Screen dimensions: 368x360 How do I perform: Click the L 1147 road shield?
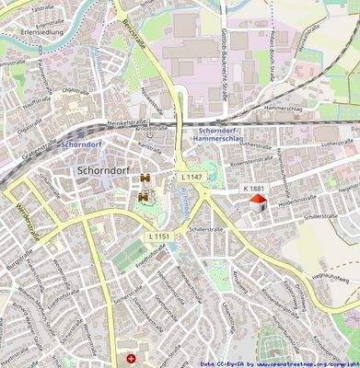click(x=191, y=176)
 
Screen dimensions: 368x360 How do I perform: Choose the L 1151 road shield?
click(x=157, y=237)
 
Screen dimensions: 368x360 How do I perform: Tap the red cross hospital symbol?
click(x=131, y=357)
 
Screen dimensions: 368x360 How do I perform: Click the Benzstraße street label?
click(x=133, y=38)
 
